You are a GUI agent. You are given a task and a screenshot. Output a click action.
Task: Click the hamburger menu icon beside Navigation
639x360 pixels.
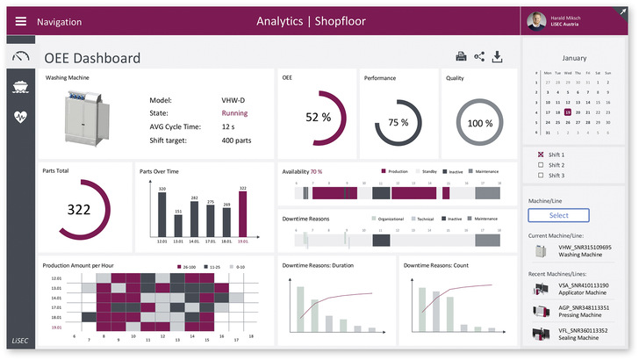20,21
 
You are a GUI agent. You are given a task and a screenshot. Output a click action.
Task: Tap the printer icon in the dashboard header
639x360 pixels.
460,57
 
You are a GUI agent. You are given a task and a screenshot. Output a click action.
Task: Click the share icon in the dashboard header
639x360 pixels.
479,57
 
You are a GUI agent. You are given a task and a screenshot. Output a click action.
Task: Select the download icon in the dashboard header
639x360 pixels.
498,57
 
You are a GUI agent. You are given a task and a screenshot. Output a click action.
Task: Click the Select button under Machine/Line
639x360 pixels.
559,214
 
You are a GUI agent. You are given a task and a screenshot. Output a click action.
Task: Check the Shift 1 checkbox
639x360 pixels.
540,155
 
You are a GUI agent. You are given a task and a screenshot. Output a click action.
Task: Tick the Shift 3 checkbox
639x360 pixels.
540,175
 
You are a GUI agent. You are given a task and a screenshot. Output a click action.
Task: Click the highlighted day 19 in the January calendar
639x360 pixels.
569,112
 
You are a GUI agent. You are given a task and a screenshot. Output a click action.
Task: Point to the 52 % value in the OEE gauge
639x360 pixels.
317,117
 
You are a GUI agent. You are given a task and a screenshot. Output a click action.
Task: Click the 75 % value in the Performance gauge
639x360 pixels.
398,122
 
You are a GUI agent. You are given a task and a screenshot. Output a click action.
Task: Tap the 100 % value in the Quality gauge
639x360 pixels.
479,123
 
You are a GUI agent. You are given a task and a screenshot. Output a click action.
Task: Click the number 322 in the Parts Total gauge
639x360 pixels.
79,210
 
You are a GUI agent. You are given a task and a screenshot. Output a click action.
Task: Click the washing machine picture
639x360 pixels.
83,120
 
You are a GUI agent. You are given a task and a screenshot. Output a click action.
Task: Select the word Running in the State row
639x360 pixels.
234,113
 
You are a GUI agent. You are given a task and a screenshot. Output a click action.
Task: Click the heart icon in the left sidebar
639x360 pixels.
19,117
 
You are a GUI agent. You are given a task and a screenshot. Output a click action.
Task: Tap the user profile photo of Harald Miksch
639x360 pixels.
535,21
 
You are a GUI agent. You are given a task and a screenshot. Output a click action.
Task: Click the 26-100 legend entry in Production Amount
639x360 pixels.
184,265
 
